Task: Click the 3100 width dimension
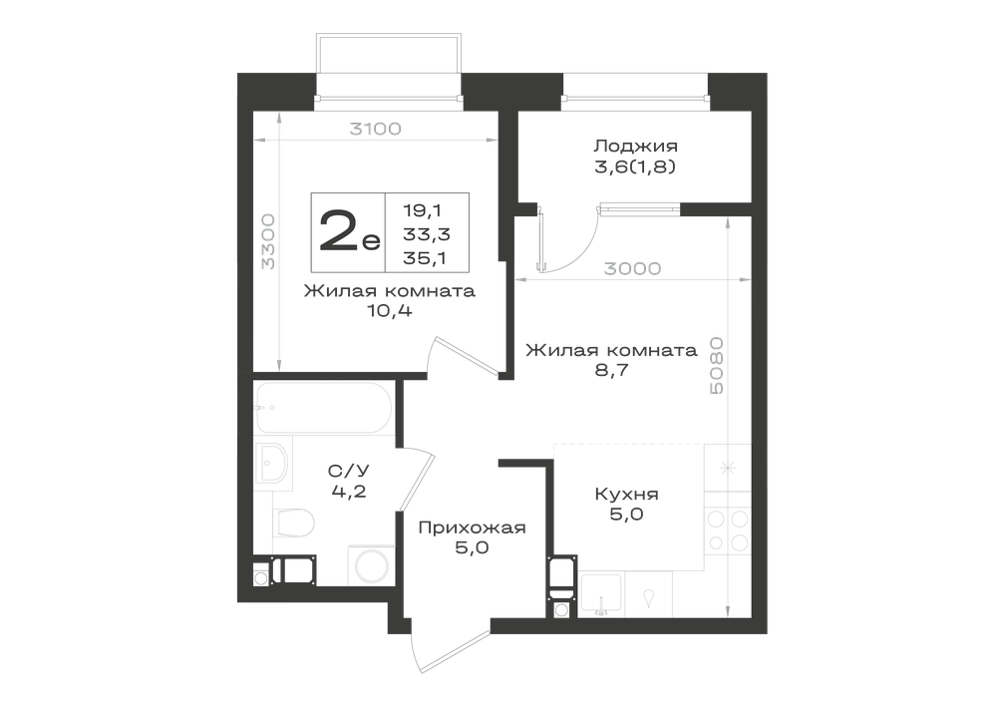(x=376, y=129)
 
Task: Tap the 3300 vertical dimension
(x=269, y=241)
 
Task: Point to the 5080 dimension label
(x=716, y=366)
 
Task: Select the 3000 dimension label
(x=632, y=269)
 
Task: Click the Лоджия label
(x=636, y=147)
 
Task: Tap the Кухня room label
(x=627, y=494)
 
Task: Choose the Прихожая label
(x=472, y=528)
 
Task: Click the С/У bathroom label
(x=348, y=471)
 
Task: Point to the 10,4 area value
(x=390, y=311)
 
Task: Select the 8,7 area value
(x=612, y=370)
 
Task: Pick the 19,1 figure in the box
(x=422, y=209)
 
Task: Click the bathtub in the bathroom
(x=324, y=408)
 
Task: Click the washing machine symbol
(x=372, y=565)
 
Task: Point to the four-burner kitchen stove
(x=728, y=530)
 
